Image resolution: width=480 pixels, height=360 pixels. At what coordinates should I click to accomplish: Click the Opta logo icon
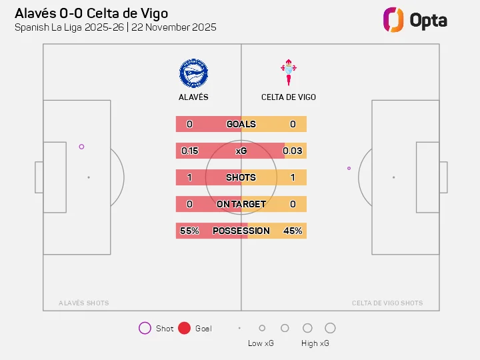(x=393, y=19)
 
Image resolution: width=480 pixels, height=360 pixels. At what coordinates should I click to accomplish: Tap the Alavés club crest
(x=193, y=73)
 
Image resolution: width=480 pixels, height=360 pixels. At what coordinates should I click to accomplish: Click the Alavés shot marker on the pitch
(x=81, y=147)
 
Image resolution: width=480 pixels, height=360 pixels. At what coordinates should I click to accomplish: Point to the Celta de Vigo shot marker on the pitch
(x=349, y=168)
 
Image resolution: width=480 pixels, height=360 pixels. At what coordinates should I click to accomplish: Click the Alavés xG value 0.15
(x=190, y=151)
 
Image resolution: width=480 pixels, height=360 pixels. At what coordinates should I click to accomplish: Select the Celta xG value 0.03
(x=293, y=151)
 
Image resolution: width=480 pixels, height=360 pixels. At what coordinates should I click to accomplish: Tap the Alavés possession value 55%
(x=189, y=231)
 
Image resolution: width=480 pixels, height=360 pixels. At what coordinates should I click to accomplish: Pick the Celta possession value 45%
(x=293, y=231)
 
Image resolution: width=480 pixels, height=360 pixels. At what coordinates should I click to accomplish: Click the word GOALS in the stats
(x=241, y=124)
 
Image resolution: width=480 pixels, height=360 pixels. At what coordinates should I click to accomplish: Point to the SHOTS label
(x=241, y=177)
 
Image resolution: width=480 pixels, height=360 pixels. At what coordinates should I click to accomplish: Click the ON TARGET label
(x=241, y=204)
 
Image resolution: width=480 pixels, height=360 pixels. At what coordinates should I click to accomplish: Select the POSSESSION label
(x=241, y=231)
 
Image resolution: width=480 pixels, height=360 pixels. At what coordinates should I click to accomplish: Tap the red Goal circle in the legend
(x=185, y=328)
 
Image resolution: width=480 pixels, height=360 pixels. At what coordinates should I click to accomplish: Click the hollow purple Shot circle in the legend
(x=145, y=328)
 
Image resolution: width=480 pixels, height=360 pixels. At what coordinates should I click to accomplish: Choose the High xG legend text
(x=315, y=343)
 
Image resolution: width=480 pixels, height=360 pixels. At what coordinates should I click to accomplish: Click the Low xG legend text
(x=260, y=343)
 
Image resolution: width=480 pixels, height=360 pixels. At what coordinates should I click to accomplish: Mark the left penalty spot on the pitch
(x=89, y=177)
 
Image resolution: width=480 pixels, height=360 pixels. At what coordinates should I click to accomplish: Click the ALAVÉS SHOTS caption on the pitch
(x=83, y=303)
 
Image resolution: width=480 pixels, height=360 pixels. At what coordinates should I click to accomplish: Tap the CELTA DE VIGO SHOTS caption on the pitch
(x=387, y=303)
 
